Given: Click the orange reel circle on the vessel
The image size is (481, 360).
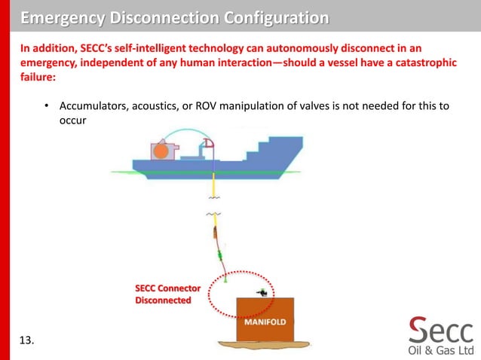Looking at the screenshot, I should pos(160,151).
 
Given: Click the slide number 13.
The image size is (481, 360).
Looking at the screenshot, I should pos(26,341).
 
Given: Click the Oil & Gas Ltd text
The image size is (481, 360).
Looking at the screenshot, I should pos(440,350).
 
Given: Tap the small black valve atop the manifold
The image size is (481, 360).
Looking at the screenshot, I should pos(262,292).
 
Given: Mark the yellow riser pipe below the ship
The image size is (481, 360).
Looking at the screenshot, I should pos(215,186).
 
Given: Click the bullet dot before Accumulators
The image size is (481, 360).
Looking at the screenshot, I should pos(46,105).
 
